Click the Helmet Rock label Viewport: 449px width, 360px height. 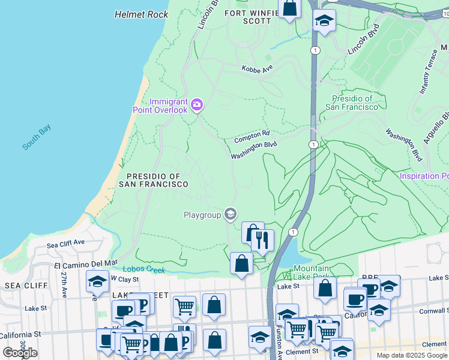141,14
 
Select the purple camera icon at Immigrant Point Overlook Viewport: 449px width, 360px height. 196,106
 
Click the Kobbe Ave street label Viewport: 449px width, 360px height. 257,69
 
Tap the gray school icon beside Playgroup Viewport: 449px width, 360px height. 230,214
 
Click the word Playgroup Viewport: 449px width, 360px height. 202,214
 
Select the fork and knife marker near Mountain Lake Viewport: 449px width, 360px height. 262,240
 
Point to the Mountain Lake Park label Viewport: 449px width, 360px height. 311,272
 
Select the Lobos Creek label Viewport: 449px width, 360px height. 144,269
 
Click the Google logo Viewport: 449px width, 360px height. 20,353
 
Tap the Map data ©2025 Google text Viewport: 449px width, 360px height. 411,355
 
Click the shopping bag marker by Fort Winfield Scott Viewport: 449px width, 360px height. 289,8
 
